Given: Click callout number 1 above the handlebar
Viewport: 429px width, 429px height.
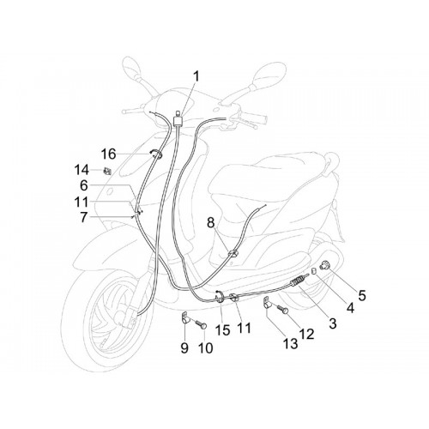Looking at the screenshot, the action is (x=196, y=76).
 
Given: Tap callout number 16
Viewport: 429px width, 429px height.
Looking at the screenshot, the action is (x=108, y=154).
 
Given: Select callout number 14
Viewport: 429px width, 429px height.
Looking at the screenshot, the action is (x=82, y=170).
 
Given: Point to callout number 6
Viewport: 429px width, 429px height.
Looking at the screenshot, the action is (x=83, y=185).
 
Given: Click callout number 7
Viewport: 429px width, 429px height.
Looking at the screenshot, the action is (x=83, y=217).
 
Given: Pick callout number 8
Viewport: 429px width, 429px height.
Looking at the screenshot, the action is (x=211, y=223).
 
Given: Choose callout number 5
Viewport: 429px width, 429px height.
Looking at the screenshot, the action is (x=362, y=295).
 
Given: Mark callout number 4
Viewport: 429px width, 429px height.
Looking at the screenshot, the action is (x=350, y=308).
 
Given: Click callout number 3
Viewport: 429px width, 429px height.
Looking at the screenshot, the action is (x=333, y=323).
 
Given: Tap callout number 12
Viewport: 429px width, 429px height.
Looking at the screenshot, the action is (x=307, y=334).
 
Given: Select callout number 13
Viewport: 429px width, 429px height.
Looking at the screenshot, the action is (x=290, y=343).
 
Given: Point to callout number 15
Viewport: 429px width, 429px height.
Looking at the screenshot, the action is (x=223, y=330).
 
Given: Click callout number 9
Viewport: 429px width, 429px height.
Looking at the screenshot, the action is (x=184, y=348).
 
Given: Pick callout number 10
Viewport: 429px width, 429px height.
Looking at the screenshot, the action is (x=205, y=348).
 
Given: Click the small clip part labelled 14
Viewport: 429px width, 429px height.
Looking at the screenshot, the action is (x=107, y=171).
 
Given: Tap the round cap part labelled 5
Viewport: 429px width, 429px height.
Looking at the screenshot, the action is (x=324, y=265).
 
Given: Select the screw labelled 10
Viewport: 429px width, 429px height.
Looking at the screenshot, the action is (x=201, y=324).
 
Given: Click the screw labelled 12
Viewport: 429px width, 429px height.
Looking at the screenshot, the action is (x=282, y=310).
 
